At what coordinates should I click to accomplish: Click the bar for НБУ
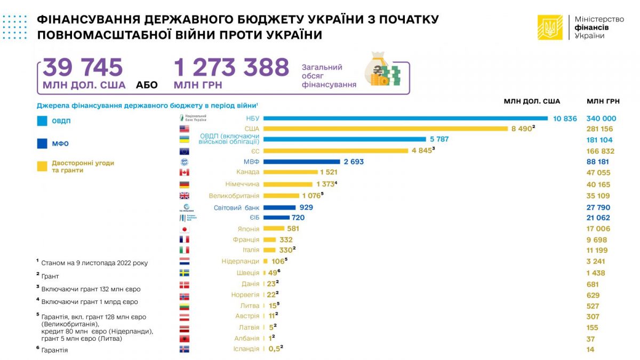click(x=405, y=118)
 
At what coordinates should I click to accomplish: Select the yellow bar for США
click(x=386, y=129)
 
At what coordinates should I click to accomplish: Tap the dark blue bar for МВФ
click(x=301, y=161)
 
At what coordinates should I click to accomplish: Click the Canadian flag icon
click(x=185, y=172)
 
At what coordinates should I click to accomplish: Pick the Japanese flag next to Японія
click(x=185, y=229)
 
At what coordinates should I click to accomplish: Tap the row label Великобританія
click(x=234, y=196)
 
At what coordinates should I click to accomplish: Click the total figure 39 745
click(x=83, y=68)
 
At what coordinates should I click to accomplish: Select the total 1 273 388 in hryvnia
click(x=231, y=68)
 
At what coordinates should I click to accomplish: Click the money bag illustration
click(x=381, y=70)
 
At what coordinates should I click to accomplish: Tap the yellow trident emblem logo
click(x=550, y=27)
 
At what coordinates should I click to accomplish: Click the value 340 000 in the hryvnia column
click(x=601, y=118)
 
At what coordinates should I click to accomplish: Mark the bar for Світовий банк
click(x=279, y=207)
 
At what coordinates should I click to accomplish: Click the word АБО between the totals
click(x=147, y=85)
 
